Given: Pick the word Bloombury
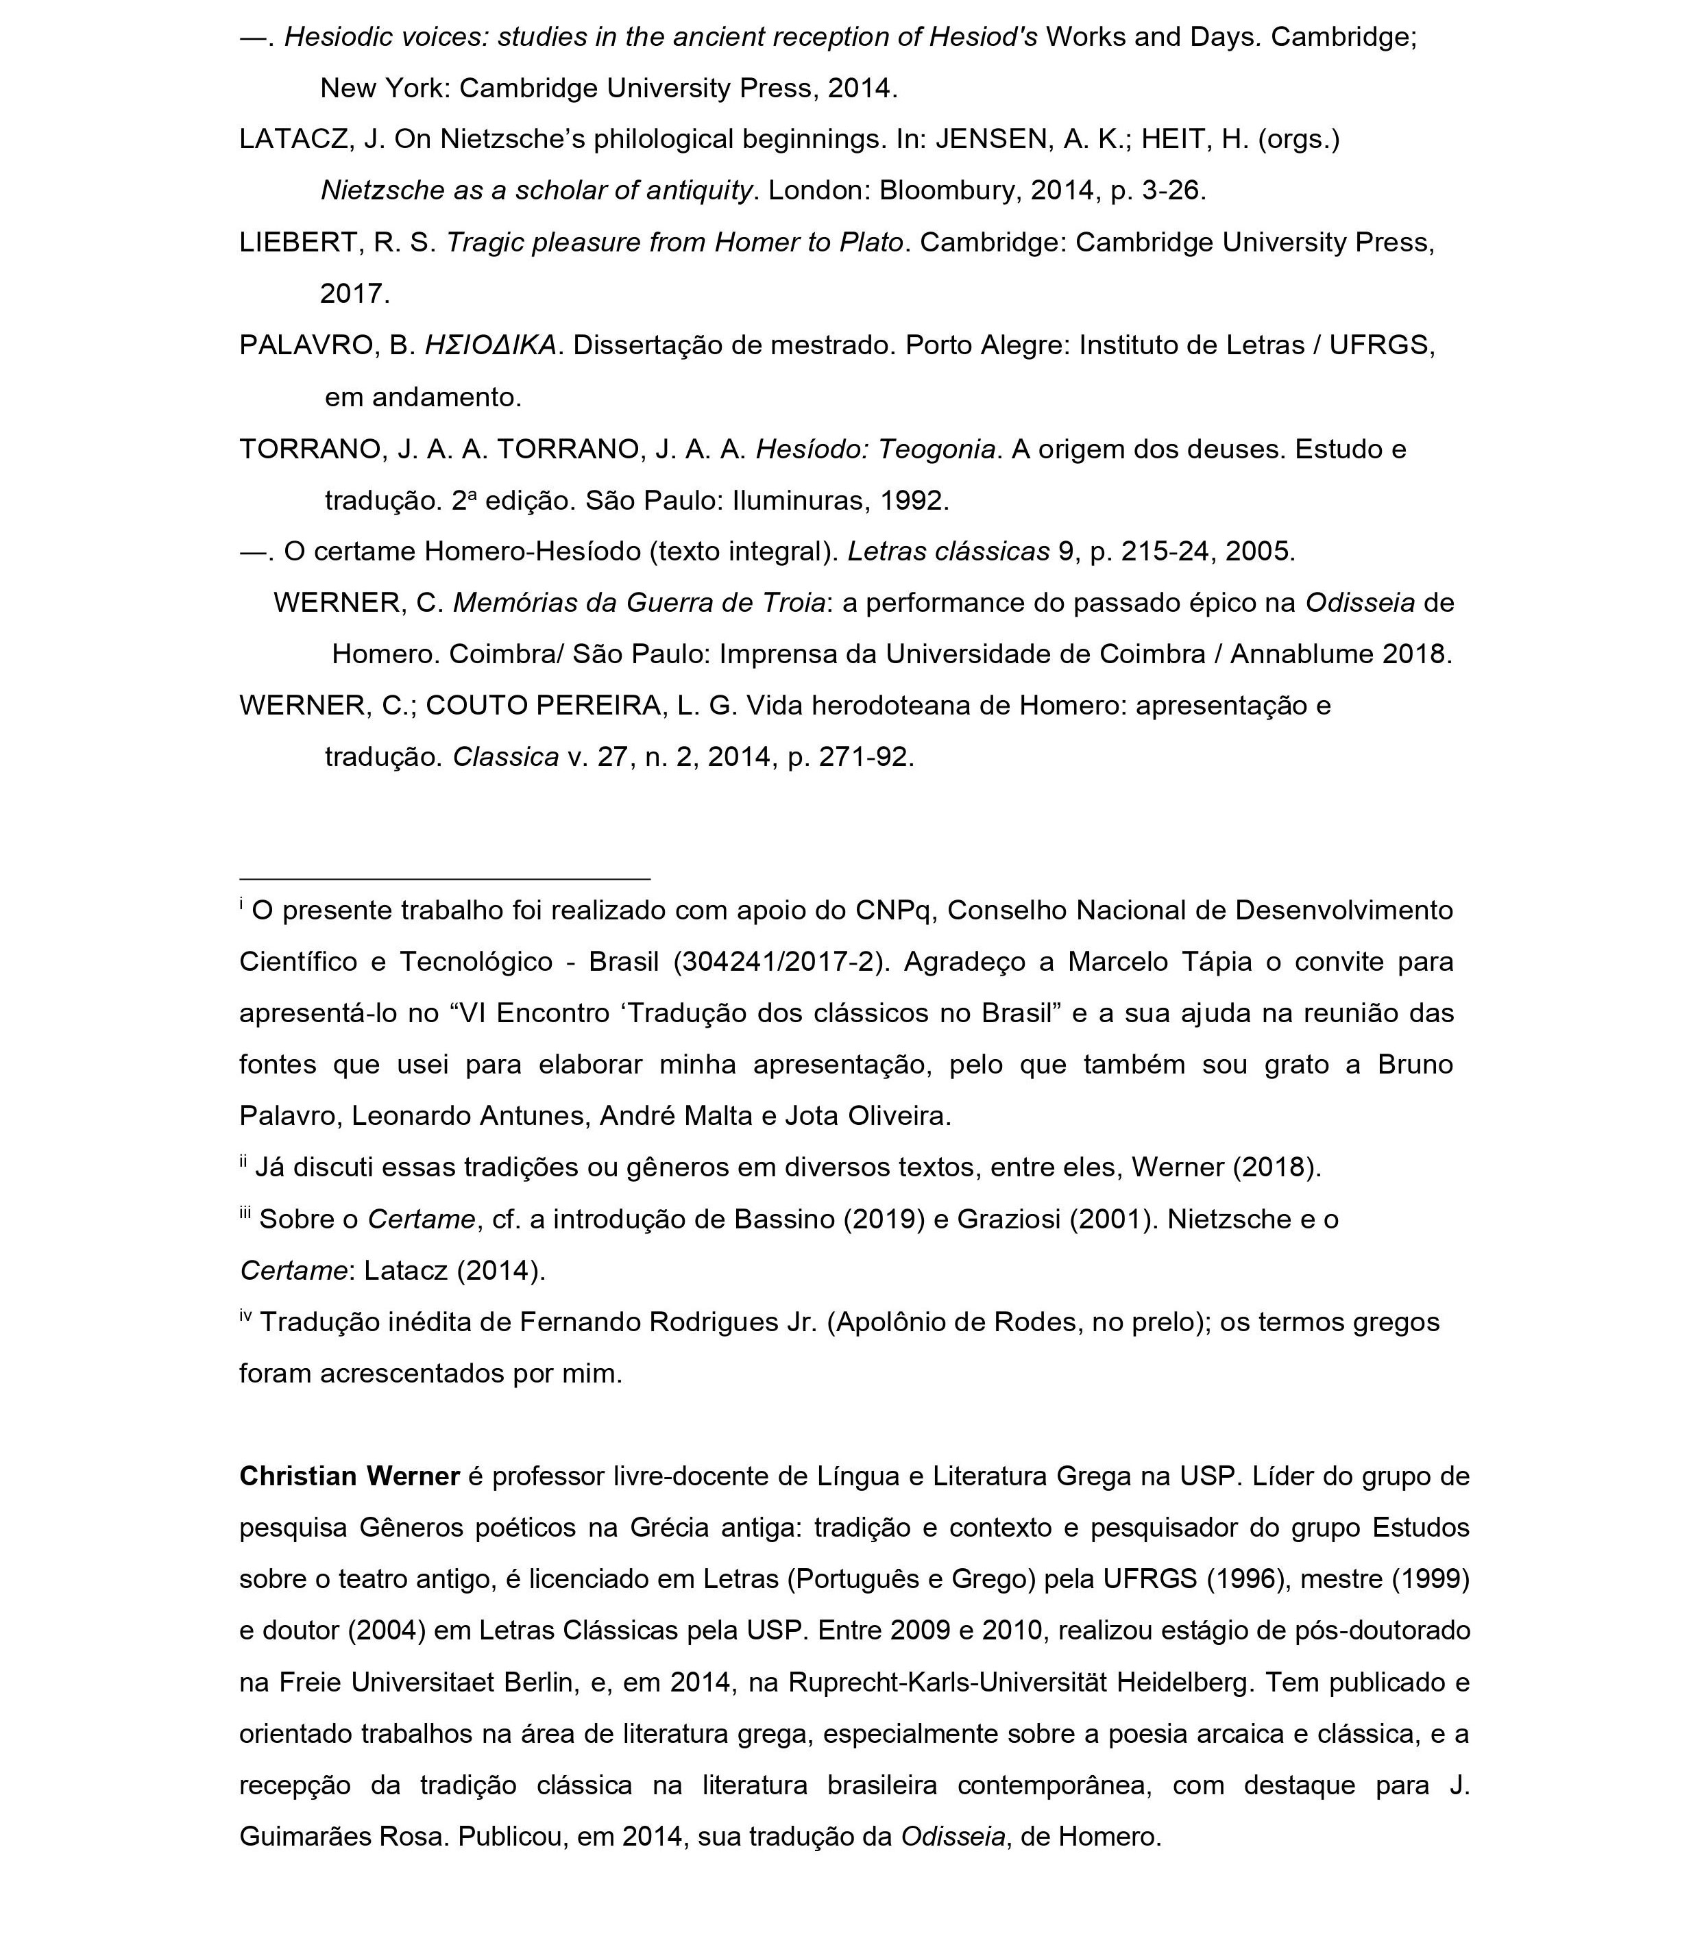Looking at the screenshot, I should click(950, 191).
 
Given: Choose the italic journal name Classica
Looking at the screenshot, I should click(506, 758).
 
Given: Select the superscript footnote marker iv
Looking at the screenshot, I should click(246, 1315).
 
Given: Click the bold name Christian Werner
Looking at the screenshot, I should click(350, 1477).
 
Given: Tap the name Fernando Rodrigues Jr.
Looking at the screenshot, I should click(668, 1322).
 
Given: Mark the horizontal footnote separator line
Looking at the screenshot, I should click(444, 880).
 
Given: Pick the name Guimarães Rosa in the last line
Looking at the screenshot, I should click(344, 1837).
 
